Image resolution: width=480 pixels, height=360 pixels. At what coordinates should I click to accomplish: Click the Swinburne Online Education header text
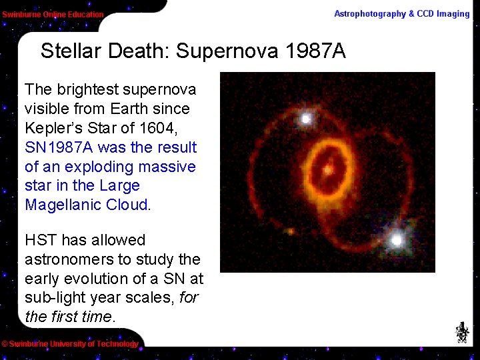coord(53,14)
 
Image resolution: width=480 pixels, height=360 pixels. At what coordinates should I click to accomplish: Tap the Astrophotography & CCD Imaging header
coord(401,14)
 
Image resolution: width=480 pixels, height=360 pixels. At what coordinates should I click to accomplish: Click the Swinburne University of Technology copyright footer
coord(70,344)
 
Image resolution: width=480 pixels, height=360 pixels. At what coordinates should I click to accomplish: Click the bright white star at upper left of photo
coord(306,119)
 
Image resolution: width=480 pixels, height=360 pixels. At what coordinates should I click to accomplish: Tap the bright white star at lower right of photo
coord(397,239)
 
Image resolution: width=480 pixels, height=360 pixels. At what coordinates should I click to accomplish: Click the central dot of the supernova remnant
coord(327,169)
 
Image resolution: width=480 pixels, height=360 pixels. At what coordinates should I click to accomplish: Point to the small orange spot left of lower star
coord(290,231)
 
